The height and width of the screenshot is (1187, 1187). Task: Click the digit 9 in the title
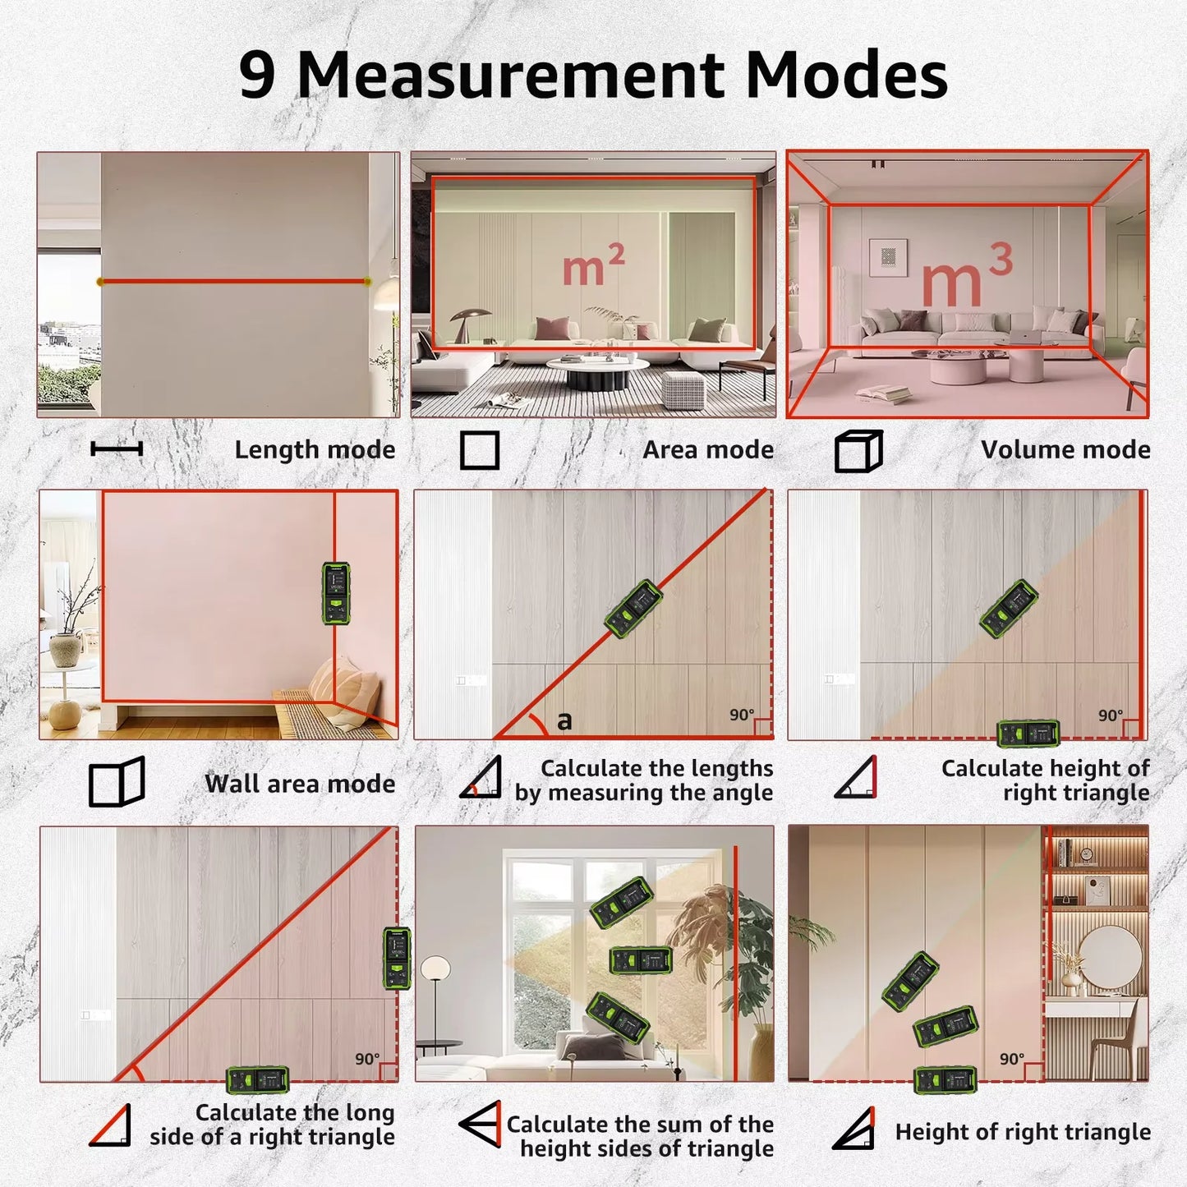coord(257,76)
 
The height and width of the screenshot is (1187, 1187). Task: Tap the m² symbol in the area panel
coord(593,266)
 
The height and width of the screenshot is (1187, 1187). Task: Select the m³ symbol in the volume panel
coord(966,277)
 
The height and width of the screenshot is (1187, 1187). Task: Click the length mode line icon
coord(117,449)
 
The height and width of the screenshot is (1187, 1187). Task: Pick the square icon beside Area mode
coord(480,450)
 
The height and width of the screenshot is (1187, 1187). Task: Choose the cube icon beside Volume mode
coord(858,451)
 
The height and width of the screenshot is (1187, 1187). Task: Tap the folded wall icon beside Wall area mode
coord(117,782)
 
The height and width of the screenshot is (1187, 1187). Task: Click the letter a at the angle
coord(564,721)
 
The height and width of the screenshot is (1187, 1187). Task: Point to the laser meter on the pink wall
coord(335,593)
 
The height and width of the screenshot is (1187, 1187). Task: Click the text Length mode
coord(315,450)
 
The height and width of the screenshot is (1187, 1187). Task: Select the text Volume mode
coord(1065,450)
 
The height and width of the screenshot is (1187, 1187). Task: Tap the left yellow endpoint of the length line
coord(100,282)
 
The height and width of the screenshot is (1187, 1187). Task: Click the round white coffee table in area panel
coord(597,366)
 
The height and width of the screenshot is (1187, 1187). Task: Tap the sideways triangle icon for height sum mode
coord(481,1124)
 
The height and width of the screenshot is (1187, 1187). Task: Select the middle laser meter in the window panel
coord(641,959)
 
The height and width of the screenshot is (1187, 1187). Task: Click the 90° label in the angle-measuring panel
coord(742,715)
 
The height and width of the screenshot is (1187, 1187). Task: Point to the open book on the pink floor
coord(884,395)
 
